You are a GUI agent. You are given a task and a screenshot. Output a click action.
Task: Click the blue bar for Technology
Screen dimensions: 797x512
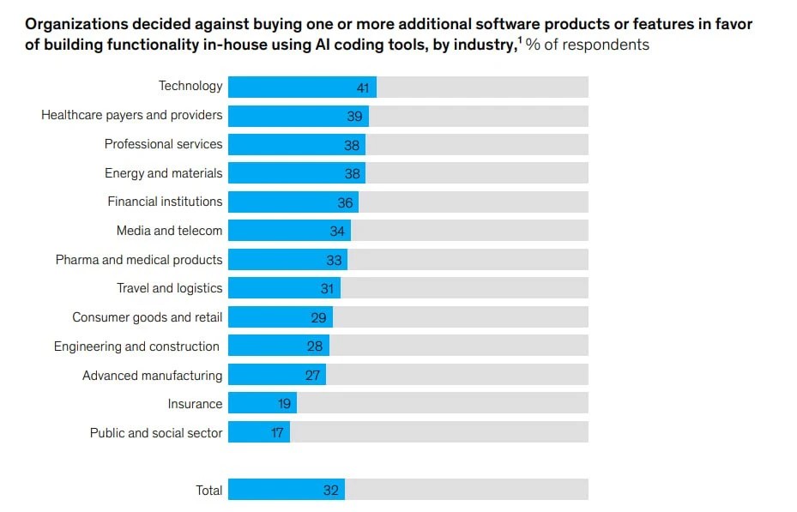[x=303, y=87]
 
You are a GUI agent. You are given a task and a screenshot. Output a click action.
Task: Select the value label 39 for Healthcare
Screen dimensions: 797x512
[x=354, y=117]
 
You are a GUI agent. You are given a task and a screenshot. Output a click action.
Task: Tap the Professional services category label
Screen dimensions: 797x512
[x=163, y=144]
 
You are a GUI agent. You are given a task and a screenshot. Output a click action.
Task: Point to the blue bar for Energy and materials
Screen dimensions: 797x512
[x=297, y=172]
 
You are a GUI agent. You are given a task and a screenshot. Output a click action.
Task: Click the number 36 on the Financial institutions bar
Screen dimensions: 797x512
[x=345, y=203]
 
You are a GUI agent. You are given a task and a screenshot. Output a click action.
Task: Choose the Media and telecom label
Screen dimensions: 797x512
[x=169, y=231]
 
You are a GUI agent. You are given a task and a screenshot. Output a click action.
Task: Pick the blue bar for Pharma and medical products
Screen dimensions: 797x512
[x=287, y=260]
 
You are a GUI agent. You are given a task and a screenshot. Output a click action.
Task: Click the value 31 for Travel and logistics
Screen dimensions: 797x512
[x=328, y=289]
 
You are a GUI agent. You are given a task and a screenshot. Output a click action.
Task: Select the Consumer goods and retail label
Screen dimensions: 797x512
[x=148, y=317]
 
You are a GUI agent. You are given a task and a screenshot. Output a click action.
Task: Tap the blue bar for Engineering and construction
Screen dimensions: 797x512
[x=279, y=346]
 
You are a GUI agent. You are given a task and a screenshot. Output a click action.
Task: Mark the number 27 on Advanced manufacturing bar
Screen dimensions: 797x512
[x=312, y=376]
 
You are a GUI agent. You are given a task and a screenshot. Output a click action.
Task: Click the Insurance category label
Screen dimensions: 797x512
[x=196, y=404]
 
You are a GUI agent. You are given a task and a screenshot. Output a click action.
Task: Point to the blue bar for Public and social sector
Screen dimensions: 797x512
[x=259, y=431]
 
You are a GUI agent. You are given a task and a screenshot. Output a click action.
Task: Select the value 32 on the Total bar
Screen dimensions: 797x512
[x=331, y=491]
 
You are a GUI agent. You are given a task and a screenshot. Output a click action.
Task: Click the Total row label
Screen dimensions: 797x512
[x=209, y=491]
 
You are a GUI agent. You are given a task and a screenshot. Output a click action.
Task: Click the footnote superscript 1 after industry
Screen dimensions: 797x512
[x=520, y=39]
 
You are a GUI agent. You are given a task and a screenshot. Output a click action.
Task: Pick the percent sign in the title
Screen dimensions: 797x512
[x=533, y=45]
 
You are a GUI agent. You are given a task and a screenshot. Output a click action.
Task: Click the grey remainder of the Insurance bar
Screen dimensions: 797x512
[x=443, y=403]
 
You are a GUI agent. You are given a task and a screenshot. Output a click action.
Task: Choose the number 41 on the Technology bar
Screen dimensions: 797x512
[x=363, y=87]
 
